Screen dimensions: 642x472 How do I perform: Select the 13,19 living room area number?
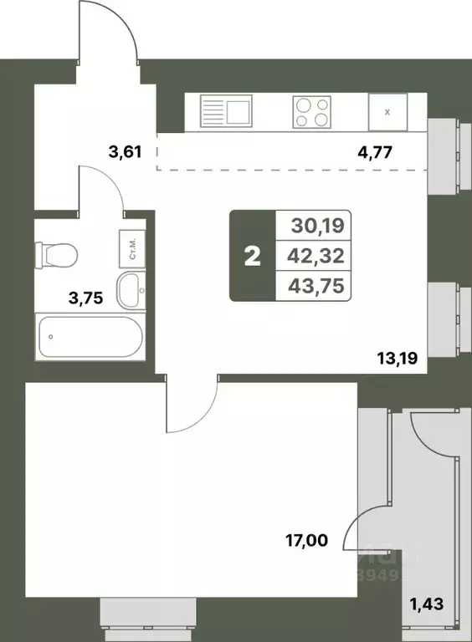(397, 361)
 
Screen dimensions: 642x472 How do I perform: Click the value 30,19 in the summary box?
(315, 225)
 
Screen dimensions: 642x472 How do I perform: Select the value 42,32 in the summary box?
(315, 255)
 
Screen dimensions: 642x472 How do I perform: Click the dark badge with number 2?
(252, 255)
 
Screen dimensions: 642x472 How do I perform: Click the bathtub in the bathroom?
(90, 336)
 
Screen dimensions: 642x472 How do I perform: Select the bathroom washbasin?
(131, 288)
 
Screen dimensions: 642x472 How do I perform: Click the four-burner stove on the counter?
(310, 112)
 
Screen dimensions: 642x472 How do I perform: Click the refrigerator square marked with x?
(387, 112)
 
